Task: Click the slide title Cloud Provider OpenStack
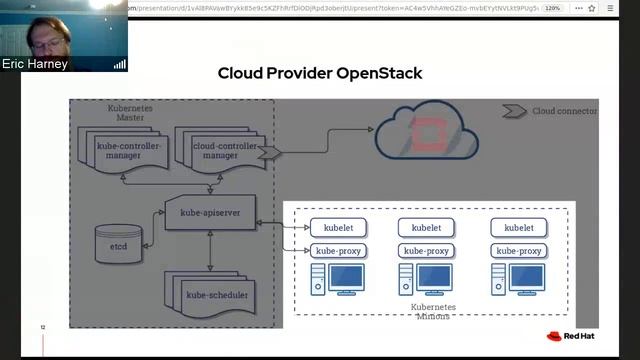click(x=320, y=73)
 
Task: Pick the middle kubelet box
click(x=426, y=227)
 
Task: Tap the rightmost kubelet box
click(x=518, y=227)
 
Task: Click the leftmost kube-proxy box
click(x=338, y=250)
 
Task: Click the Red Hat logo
click(x=571, y=336)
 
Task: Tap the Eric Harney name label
click(x=36, y=64)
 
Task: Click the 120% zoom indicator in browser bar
click(x=552, y=8)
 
